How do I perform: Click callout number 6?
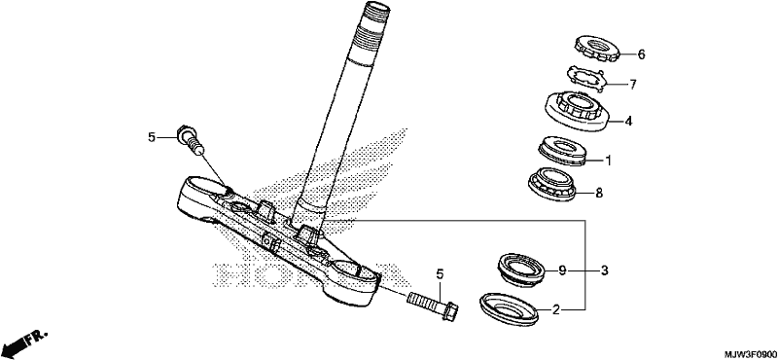click(641, 54)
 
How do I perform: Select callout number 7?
click(633, 85)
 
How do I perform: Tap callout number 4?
click(628, 121)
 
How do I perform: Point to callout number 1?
click(609, 161)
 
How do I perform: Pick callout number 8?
click(599, 193)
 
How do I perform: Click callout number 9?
click(562, 270)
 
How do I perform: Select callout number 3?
click(604, 270)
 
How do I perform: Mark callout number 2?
click(556, 310)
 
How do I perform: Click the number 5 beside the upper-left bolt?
click(152, 137)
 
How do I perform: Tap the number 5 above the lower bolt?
click(440, 273)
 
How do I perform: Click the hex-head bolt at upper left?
click(191, 139)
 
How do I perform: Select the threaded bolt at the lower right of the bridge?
click(433, 305)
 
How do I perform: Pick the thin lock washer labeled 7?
click(585, 80)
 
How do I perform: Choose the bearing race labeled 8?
click(553, 183)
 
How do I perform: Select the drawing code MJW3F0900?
click(750, 354)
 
